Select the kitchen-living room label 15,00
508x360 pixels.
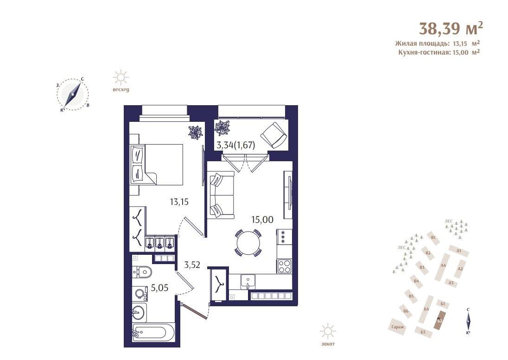coord(262,220)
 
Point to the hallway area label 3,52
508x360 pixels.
coord(192,265)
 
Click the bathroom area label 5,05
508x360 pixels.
coord(159,288)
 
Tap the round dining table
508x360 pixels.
coord(248,241)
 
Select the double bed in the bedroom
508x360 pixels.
coord(158,164)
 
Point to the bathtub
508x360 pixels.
coord(153,333)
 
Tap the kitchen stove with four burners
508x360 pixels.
coord(284,266)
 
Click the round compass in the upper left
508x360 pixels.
coord(73,94)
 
